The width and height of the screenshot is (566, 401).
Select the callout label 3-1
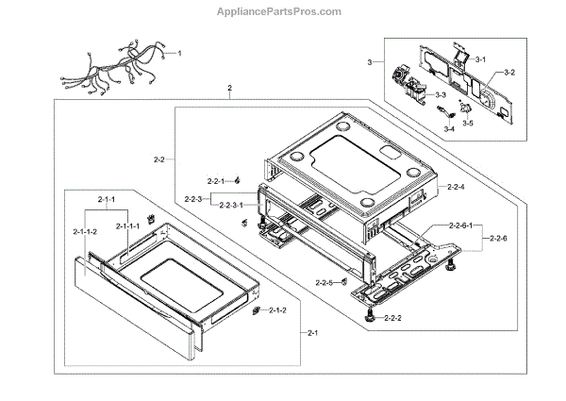click(480, 60)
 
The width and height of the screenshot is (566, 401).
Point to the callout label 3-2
click(508, 73)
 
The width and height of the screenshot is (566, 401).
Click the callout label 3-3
click(440, 95)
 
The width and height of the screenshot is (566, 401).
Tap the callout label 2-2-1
click(218, 179)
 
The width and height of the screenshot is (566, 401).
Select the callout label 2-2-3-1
click(232, 205)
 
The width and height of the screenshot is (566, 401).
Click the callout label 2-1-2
click(278, 310)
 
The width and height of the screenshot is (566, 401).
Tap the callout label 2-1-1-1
click(128, 226)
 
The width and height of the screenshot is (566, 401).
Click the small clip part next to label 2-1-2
click(257, 309)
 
